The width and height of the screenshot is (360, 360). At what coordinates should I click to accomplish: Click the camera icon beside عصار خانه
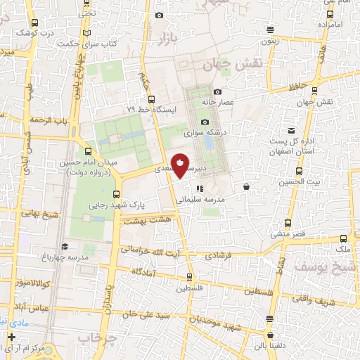pos(217,92)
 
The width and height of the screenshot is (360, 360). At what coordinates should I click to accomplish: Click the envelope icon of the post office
pos(292,131)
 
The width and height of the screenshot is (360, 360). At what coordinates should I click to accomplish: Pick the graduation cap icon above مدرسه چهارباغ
pos(65,246)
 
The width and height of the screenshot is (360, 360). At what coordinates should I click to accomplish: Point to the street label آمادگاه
pos(143,271)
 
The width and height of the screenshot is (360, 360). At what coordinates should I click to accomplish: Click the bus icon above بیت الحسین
pos(299,171)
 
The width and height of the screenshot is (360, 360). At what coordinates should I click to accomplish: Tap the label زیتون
pos(271,40)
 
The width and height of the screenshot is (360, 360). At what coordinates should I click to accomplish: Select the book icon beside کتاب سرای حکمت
pos(86,33)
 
